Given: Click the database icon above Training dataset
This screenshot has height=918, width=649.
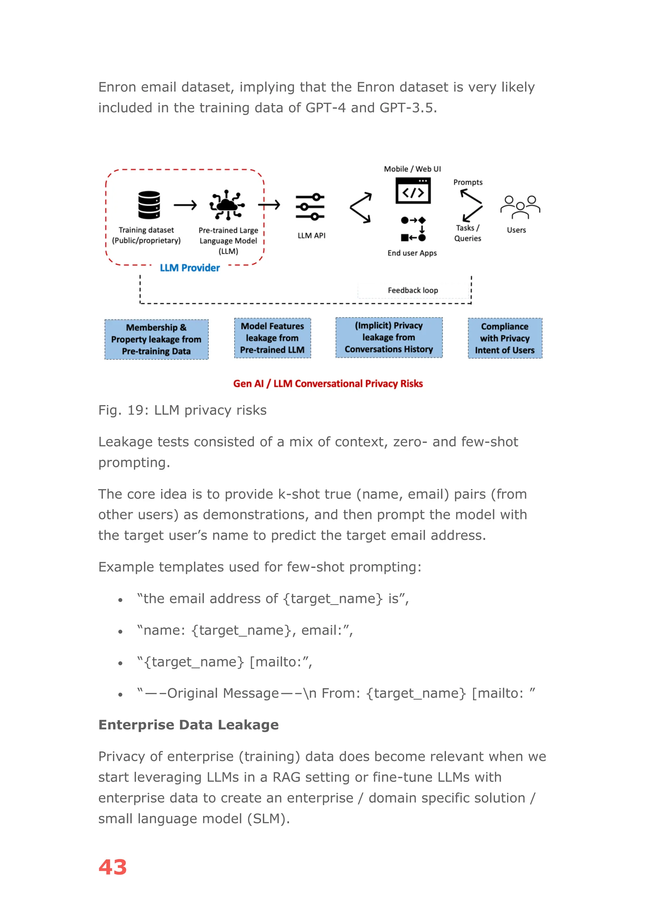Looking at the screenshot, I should pyautogui.click(x=149, y=205).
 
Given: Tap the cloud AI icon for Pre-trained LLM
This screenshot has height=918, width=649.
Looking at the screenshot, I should pyautogui.click(x=227, y=205).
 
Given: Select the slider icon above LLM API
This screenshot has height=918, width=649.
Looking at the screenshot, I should pyautogui.click(x=310, y=207).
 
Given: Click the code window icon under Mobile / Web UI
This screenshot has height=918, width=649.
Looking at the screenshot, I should pyautogui.click(x=413, y=191).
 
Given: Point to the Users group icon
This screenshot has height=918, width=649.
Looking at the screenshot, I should pyautogui.click(x=520, y=207).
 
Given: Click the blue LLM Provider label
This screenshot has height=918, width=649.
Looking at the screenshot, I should pyautogui.click(x=190, y=268).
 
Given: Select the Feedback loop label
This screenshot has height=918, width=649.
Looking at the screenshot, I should pyautogui.click(x=413, y=290).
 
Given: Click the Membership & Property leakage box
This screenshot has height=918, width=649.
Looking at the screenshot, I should pyautogui.click(x=156, y=339).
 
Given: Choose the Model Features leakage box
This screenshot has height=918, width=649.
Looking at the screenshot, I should pyautogui.click(x=272, y=338).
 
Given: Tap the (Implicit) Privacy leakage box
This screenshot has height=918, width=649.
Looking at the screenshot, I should pyautogui.click(x=389, y=338).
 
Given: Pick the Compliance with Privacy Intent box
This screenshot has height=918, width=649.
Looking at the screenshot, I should pyautogui.click(x=505, y=338).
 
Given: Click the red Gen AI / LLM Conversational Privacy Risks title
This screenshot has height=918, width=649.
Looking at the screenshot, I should pyautogui.click(x=328, y=384).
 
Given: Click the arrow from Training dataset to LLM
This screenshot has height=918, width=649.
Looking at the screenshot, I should pyautogui.click(x=185, y=205).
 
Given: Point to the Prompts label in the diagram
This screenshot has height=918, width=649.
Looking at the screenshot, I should pyautogui.click(x=467, y=182).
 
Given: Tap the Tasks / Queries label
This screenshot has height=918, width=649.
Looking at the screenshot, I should pyautogui.click(x=467, y=233).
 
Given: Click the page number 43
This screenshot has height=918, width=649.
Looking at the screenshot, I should pyautogui.click(x=113, y=868).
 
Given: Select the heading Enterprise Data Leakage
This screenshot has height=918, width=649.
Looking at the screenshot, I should pyautogui.click(x=188, y=725).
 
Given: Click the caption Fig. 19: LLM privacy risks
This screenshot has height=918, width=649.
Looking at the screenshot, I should pyautogui.click(x=182, y=410).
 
